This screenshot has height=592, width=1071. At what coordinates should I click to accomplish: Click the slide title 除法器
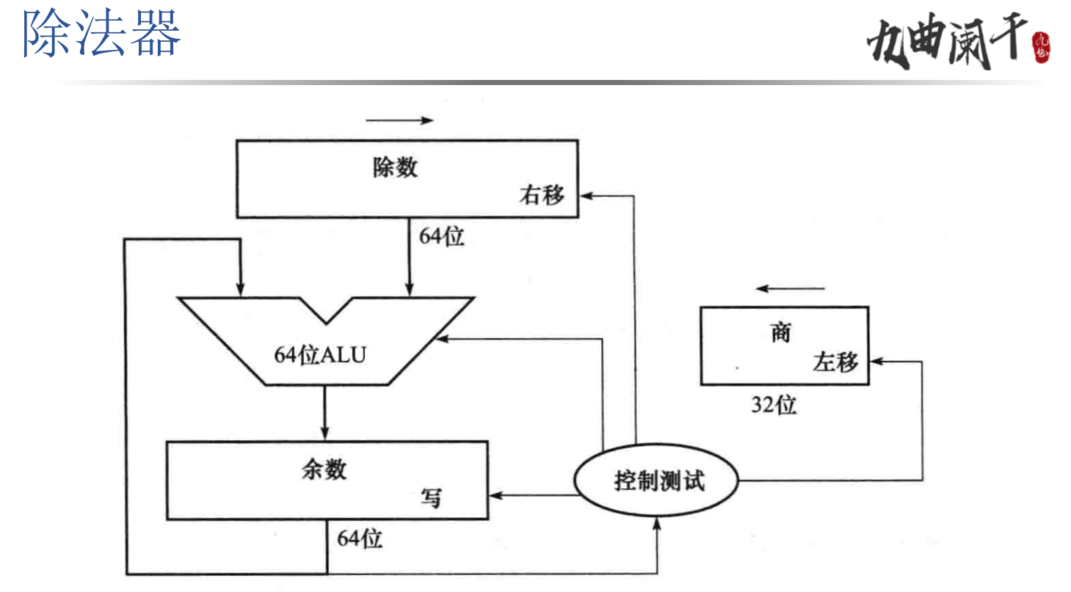click(x=102, y=34)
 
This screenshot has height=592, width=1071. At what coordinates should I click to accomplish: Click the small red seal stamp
click(x=1042, y=46)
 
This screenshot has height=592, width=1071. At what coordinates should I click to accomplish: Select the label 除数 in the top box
click(x=395, y=167)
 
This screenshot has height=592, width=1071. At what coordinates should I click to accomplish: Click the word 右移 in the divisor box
click(x=542, y=196)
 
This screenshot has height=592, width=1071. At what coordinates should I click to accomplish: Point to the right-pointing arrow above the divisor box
click(x=399, y=120)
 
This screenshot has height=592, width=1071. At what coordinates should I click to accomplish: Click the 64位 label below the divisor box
click(x=442, y=237)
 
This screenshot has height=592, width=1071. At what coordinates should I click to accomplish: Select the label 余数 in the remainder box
click(x=324, y=469)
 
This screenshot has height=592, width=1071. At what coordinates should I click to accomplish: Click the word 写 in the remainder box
click(x=431, y=497)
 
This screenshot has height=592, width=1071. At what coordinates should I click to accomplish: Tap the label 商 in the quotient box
click(x=780, y=333)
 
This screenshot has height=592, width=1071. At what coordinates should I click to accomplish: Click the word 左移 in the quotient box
click(x=835, y=362)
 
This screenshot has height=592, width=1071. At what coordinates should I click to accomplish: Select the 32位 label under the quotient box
click(x=774, y=405)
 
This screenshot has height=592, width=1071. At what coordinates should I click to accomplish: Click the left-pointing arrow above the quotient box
click(x=791, y=289)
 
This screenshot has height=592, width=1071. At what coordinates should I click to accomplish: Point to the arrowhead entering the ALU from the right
click(x=441, y=339)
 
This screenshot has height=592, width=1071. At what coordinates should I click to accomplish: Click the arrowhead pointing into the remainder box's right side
click(x=495, y=495)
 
